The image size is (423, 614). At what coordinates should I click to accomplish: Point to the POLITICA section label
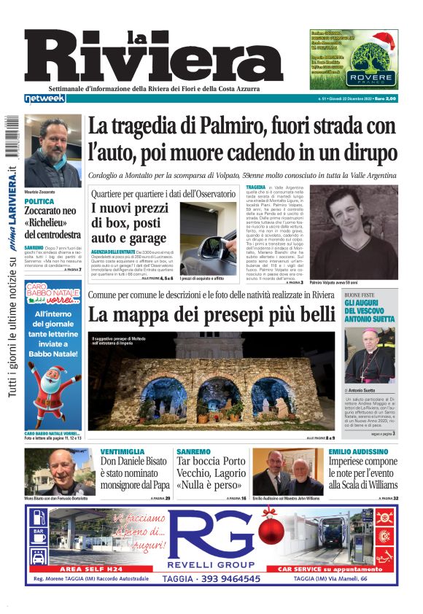39,201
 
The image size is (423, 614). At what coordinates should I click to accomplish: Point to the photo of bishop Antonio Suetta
370,356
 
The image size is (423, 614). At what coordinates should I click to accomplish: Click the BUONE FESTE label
360,295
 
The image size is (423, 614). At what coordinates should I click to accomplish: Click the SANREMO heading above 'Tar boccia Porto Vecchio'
193,452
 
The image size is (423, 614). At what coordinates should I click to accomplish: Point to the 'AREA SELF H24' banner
90,567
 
